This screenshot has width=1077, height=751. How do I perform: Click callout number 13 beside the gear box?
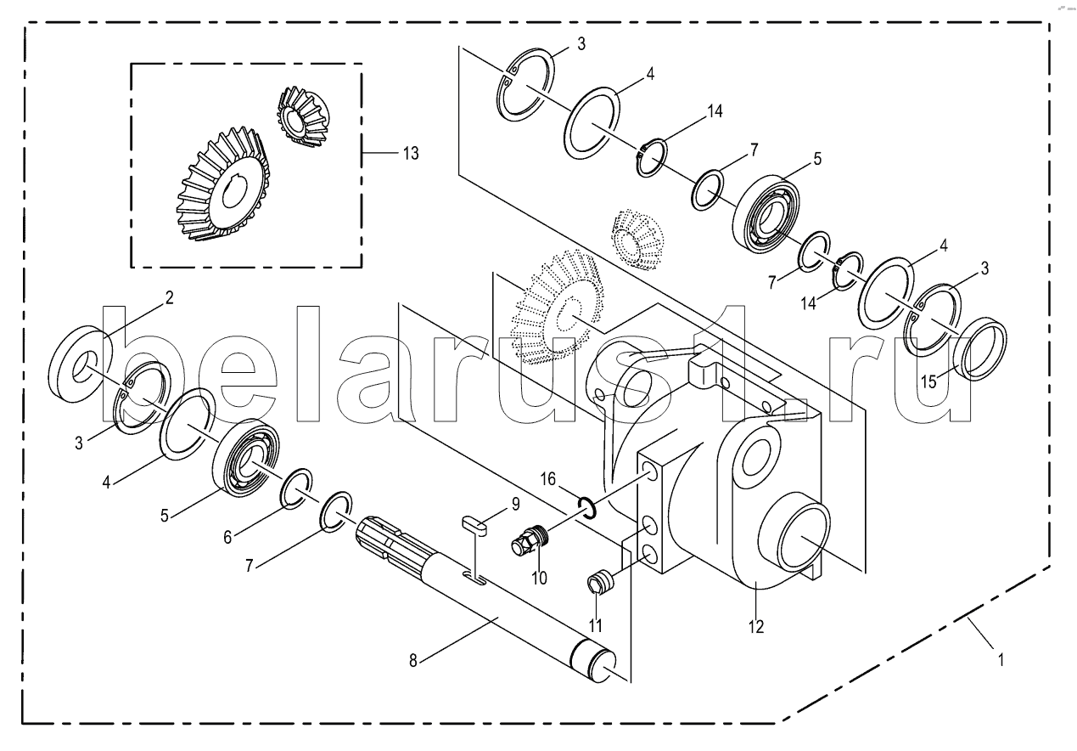click(x=411, y=153)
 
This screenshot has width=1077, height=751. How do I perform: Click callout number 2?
click(x=169, y=297)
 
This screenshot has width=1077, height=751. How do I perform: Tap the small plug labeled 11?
click(x=599, y=584)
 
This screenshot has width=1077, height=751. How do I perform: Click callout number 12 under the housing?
click(x=755, y=628)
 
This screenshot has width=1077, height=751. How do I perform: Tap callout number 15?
click(x=930, y=381)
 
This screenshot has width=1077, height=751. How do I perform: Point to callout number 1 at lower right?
click(x=1001, y=658)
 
